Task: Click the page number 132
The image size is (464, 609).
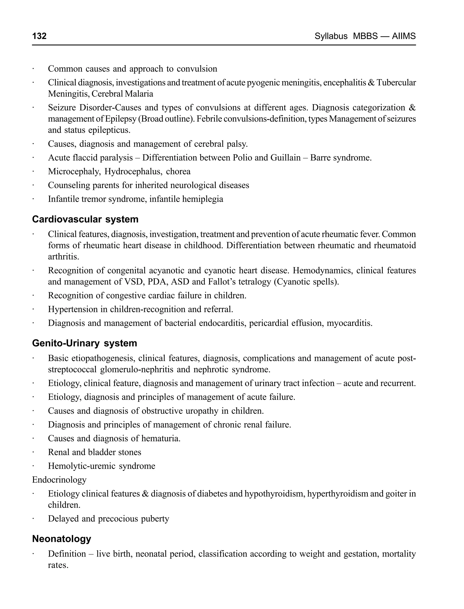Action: tap(39, 36)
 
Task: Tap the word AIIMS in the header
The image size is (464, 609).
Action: tap(404, 36)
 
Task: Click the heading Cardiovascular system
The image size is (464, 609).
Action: tap(85, 219)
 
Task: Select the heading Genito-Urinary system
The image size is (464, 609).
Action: tap(85, 343)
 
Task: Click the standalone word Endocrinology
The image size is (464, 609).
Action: tap(59, 480)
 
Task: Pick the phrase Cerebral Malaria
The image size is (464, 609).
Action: tap(122, 94)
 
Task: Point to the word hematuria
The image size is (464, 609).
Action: tap(161, 438)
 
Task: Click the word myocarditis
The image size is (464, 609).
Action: tap(349, 323)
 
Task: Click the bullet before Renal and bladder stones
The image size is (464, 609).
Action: tap(33, 452)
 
